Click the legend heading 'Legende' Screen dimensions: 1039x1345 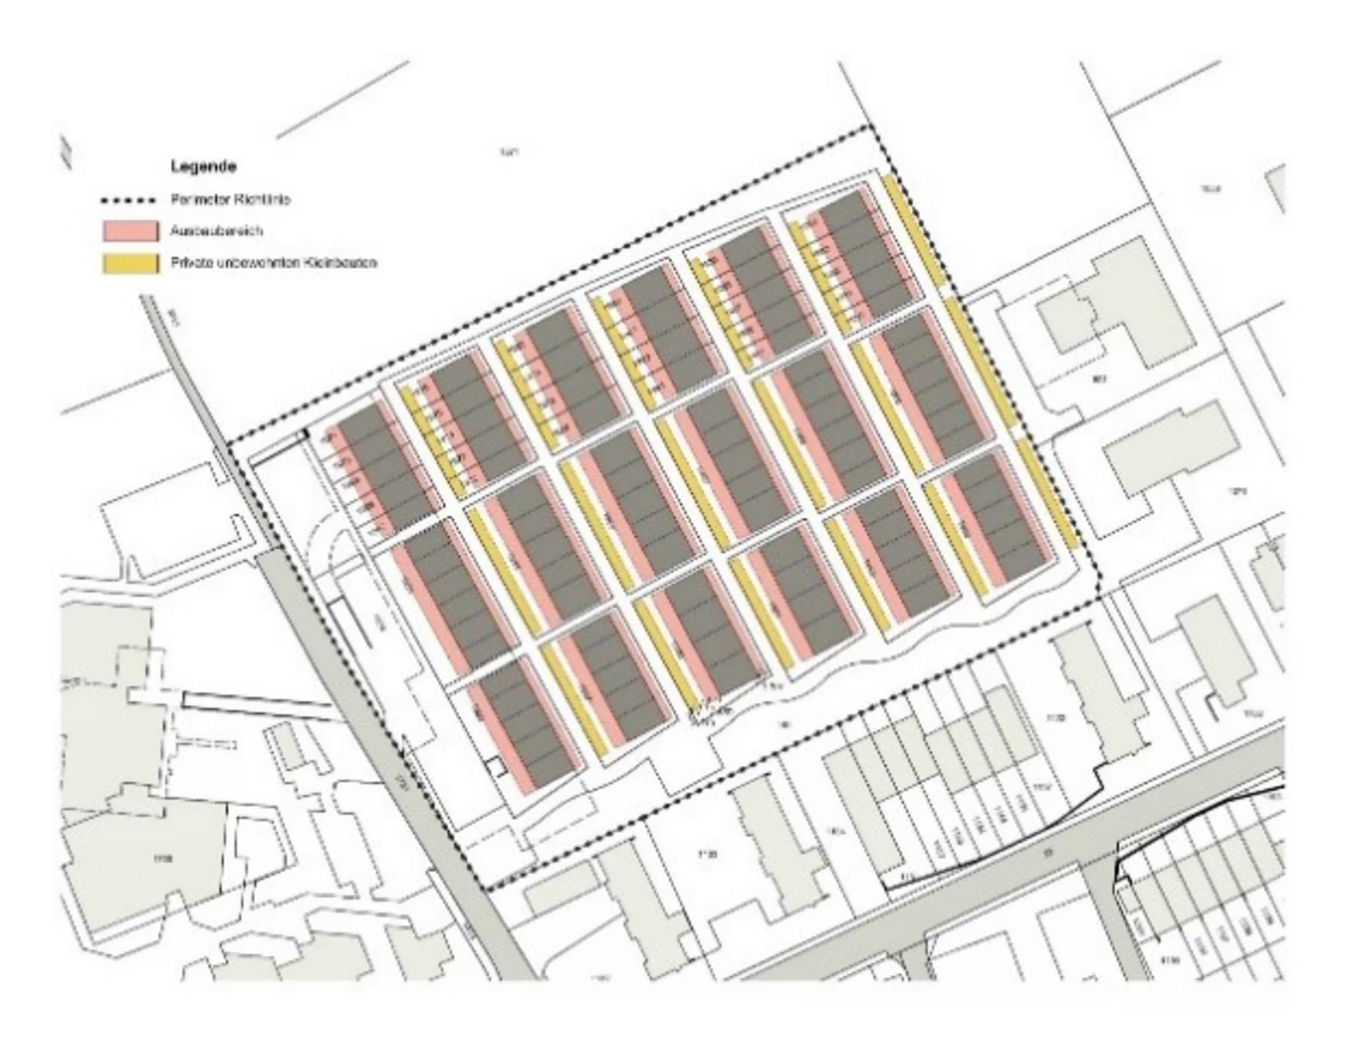pos(203,166)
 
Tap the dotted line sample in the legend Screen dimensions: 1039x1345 pos(128,200)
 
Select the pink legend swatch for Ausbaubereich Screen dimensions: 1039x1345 pos(131,231)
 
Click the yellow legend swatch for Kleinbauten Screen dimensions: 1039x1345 pos(131,263)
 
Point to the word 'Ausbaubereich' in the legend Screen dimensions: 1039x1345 pos(217,231)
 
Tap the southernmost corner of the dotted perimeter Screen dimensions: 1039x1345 pos(487,889)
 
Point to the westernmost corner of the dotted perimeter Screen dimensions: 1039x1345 pos(228,445)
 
